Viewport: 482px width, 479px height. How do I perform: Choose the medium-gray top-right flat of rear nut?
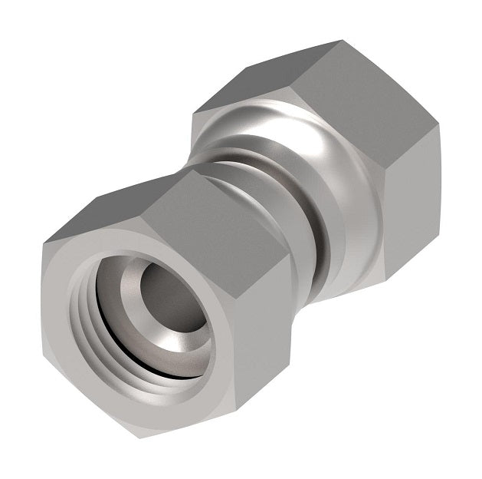[x=375, y=84]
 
